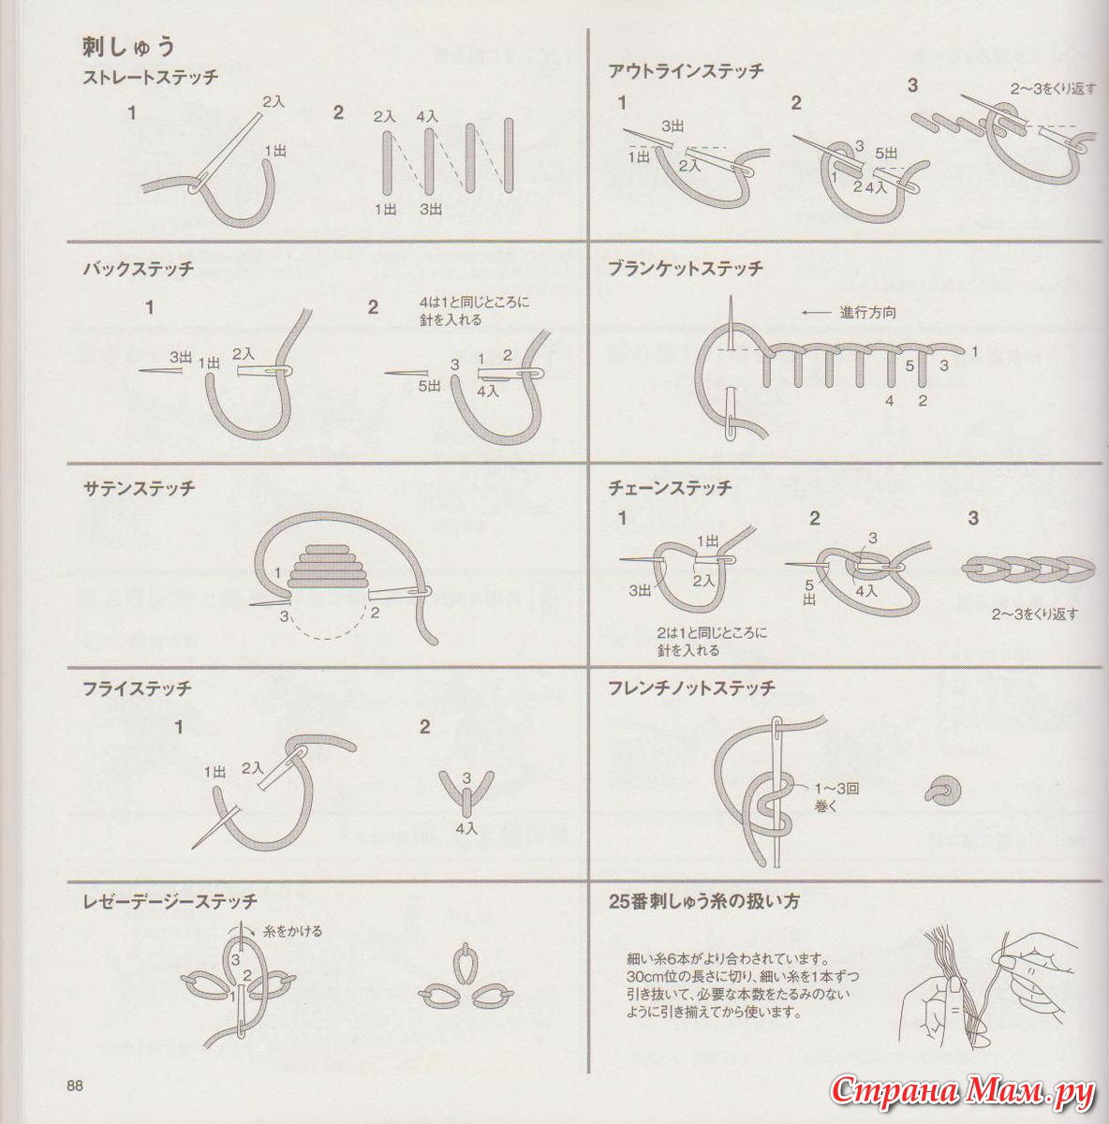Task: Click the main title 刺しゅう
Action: pos(128,48)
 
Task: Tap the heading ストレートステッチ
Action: pos(151,78)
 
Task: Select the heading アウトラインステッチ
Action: pos(686,71)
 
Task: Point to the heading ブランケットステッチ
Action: pos(686,269)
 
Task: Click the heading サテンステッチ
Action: pos(139,488)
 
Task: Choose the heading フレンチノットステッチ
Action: pos(692,688)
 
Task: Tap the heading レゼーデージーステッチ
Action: pos(170,902)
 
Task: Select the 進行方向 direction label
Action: pos(867,313)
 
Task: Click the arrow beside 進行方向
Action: pos(817,313)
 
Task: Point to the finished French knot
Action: pos(942,791)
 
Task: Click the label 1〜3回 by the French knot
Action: pos(837,790)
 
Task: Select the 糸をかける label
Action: pos(293,931)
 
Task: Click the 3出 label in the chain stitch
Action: pos(640,591)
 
